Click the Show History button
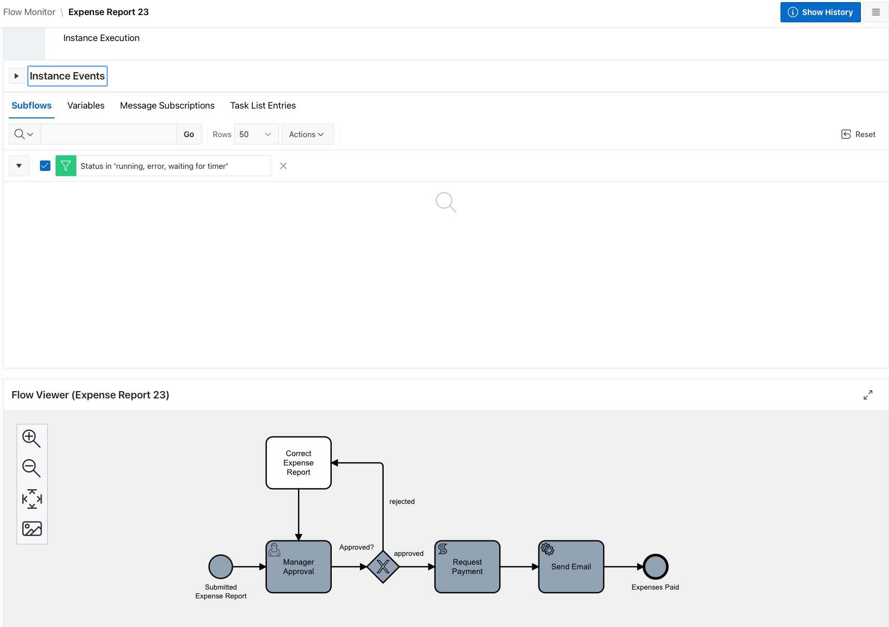[x=820, y=12]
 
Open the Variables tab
[x=86, y=105]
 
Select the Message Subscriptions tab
[x=167, y=105]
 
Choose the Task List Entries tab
[x=263, y=105]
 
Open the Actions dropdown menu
[x=307, y=135]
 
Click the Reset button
[x=858, y=135]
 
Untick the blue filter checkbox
[x=45, y=166]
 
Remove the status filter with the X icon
[x=284, y=166]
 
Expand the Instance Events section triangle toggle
[x=17, y=76]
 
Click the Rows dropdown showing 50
[x=256, y=135]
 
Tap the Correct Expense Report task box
[x=299, y=463]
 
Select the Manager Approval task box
[x=299, y=567]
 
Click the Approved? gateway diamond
[x=383, y=567]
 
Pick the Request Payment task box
[x=467, y=567]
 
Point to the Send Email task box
[x=571, y=567]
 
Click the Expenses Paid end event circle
[x=655, y=567]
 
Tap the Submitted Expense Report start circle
[x=221, y=567]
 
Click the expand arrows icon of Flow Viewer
[x=868, y=395]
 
